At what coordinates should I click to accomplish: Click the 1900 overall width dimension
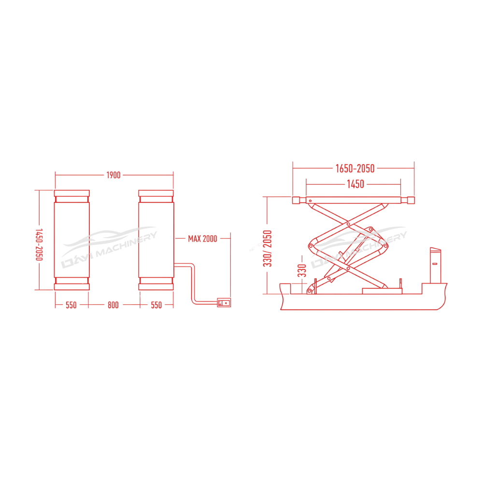coord(114,175)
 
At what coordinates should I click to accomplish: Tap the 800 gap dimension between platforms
coord(114,305)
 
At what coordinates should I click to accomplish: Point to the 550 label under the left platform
coord(71,305)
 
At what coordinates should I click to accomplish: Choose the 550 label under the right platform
coord(156,305)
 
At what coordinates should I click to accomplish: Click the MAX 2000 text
coord(203,239)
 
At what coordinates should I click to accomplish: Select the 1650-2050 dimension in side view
coord(355,168)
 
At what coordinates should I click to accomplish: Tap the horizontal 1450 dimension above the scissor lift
coord(355,184)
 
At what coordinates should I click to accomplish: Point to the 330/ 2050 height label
coord(269,248)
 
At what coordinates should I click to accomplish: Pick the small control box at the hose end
coord(224,302)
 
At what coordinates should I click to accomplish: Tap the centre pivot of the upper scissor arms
coord(347,224)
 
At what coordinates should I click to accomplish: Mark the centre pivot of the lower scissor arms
coord(347,266)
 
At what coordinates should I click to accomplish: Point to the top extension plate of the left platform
coord(71,193)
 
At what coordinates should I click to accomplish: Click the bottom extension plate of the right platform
coord(156,286)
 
